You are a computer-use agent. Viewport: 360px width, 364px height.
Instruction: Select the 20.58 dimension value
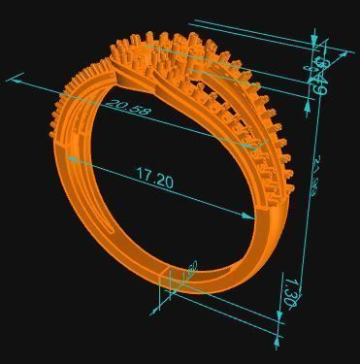click(128, 108)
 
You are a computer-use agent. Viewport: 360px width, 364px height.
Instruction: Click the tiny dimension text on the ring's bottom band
click(190, 269)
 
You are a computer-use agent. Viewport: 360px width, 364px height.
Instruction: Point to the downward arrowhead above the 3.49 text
click(314, 40)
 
